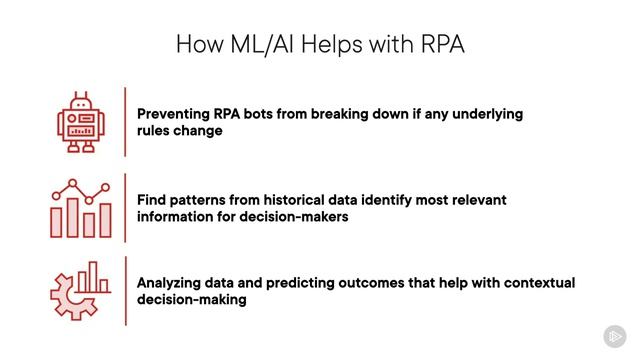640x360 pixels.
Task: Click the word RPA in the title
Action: pyautogui.click(x=442, y=44)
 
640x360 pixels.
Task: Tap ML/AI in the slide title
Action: pyautogui.click(x=262, y=44)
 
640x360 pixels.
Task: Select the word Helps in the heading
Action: pyautogui.click(x=331, y=44)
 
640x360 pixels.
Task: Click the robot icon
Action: pyautogui.click(x=81, y=122)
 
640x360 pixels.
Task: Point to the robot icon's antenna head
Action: pyautogui.click(x=81, y=103)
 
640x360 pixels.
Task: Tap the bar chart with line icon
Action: pyautogui.click(x=81, y=208)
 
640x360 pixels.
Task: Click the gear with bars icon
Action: pyautogui.click(x=80, y=291)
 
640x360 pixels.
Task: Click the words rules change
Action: pyautogui.click(x=180, y=131)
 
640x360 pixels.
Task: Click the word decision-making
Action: pyautogui.click(x=192, y=300)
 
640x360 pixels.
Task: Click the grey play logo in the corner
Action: pyautogui.click(x=615, y=336)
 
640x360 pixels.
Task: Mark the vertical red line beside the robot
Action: pyautogui.click(x=125, y=122)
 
